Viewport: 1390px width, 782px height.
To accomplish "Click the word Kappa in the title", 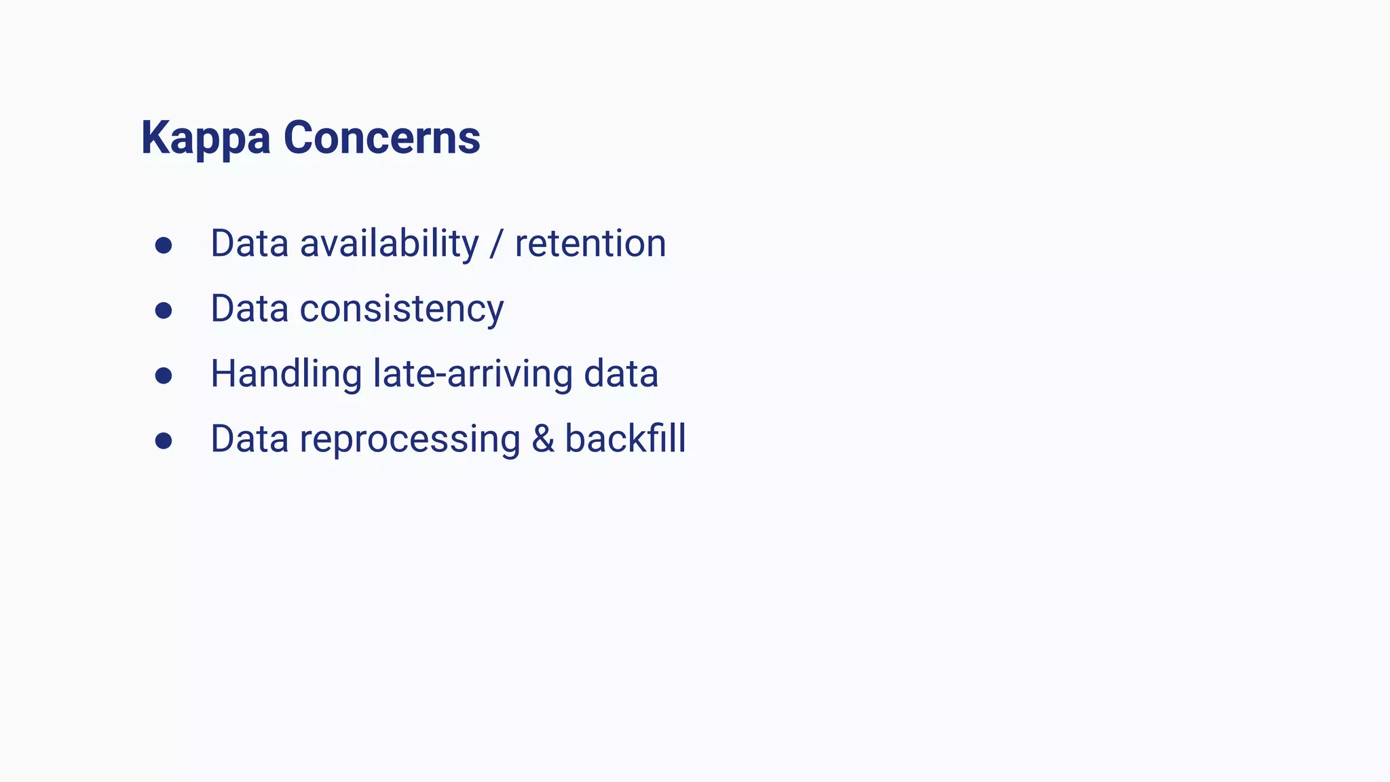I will tap(205, 138).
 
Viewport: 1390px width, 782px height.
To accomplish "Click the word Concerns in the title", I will tap(381, 138).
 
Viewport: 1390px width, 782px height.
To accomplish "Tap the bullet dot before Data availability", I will tap(163, 245).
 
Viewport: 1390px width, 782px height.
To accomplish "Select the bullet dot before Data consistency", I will tap(163, 310).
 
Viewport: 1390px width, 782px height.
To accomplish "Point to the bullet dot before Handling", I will tap(163, 375).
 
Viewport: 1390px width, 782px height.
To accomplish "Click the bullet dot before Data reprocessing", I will tap(163, 441).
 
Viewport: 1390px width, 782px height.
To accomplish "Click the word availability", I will tap(389, 244).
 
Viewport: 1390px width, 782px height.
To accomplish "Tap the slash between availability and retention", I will tap(497, 244).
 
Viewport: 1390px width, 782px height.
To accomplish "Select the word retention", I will tap(590, 244).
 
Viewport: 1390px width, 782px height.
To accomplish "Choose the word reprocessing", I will tap(410, 439).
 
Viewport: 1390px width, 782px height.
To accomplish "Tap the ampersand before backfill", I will tap(542, 439).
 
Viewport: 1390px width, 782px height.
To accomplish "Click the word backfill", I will tap(625, 439).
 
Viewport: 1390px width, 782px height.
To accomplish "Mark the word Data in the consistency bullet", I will tap(250, 309).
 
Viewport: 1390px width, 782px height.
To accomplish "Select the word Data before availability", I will tap(250, 244).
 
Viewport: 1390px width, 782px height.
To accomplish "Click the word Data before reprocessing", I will tap(250, 439).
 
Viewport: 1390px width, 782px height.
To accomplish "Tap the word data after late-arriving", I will tap(621, 374).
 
